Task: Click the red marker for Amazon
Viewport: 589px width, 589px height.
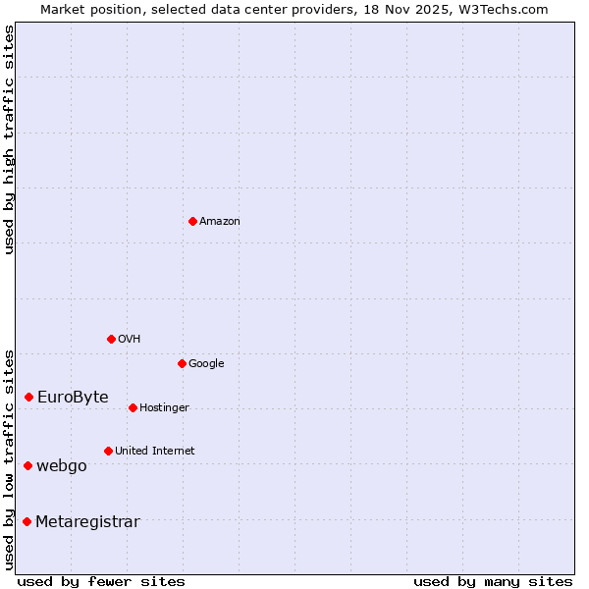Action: point(192,221)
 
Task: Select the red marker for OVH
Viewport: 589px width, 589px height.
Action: point(111,339)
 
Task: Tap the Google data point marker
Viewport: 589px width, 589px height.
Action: point(182,363)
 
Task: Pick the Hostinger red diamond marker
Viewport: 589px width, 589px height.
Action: point(133,407)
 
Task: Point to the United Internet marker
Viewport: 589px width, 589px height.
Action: point(108,451)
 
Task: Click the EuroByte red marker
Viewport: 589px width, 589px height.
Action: point(29,397)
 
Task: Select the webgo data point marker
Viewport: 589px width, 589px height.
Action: point(28,465)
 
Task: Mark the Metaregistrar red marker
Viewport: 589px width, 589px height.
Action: point(27,521)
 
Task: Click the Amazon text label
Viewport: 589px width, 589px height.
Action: point(220,222)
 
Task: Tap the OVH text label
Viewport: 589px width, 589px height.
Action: point(130,340)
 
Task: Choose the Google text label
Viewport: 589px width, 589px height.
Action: point(206,364)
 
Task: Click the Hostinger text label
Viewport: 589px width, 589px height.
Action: point(164,408)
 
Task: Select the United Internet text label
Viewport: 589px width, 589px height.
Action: point(154,452)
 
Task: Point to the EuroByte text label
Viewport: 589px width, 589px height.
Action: point(73,398)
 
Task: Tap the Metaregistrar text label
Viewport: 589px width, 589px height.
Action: point(87,522)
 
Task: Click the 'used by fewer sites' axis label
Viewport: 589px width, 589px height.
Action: point(101,581)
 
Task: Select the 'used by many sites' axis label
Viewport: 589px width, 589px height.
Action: point(493,581)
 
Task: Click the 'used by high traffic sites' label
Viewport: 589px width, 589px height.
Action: point(9,139)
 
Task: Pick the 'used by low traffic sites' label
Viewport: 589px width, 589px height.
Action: point(9,458)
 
